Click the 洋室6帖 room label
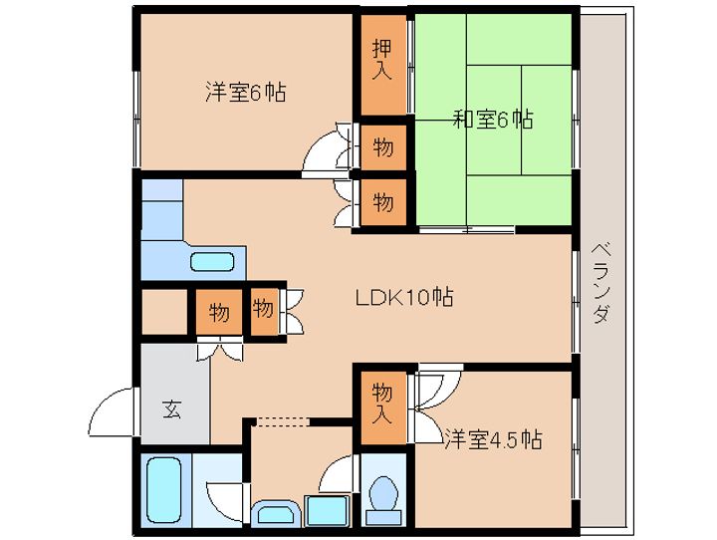[246, 93]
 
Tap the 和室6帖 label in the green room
[493, 119]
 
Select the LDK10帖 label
[404, 298]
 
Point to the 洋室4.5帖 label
[493, 439]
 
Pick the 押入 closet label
[382, 60]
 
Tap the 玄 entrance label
[172, 409]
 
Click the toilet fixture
[383, 500]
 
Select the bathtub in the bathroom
[164, 490]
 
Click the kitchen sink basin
[212, 262]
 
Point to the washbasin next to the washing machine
[276, 513]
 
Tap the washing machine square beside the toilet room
[327, 511]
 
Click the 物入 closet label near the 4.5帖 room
[382, 404]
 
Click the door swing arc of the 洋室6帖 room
[326, 151]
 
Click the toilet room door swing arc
[337, 473]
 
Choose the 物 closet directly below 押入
[383, 147]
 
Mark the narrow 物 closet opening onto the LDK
[264, 311]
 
